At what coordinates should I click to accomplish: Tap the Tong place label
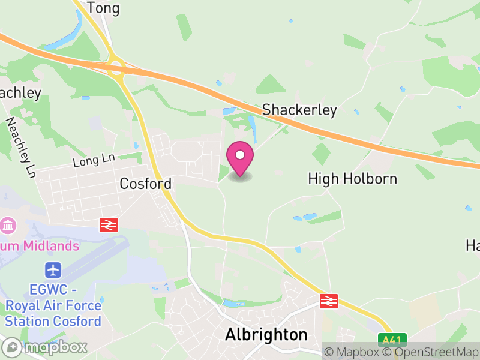pyautogui.click(x=103, y=8)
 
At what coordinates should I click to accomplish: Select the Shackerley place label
pyautogui.click(x=299, y=110)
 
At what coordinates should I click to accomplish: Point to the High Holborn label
pyautogui.click(x=352, y=179)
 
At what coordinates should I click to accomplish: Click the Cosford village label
pyautogui.click(x=146, y=184)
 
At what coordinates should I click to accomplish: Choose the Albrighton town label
pyautogui.click(x=266, y=335)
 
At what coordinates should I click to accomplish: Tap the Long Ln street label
pyautogui.click(x=93, y=160)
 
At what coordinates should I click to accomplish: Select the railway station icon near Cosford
pyautogui.click(x=109, y=225)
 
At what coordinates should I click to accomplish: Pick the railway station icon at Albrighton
pyautogui.click(x=328, y=301)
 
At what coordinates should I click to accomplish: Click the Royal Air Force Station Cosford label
pyautogui.click(x=53, y=305)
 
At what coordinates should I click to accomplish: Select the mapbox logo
pyautogui.click(x=45, y=347)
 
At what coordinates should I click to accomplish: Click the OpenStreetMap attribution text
pyautogui.click(x=431, y=352)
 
